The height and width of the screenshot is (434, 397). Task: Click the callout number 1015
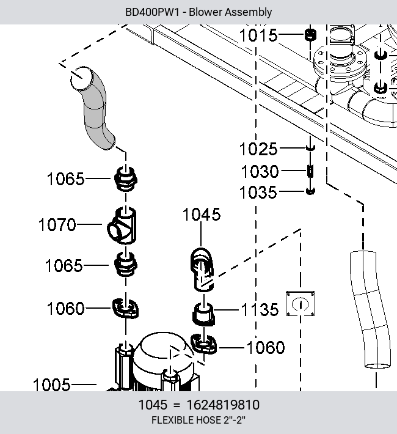pos(258,35)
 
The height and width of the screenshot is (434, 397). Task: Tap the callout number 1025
pos(258,149)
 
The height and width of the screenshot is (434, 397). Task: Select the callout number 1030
pos(260,171)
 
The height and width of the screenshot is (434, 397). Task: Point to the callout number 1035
pos(258,193)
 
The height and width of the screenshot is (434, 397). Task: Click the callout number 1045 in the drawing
pos(202,214)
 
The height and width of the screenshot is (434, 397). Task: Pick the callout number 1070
pos(57,224)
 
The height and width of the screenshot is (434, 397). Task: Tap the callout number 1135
pos(260,309)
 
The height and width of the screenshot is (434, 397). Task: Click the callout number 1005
pos(51,385)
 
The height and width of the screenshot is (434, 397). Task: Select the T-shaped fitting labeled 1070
pos(122,226)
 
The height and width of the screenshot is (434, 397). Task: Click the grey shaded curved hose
pos(95,108)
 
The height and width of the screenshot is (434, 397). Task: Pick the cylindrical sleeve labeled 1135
pos(203,314)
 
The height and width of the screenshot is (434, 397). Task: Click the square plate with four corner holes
pos(300,303)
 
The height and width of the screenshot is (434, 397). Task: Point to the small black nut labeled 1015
pos(310,35)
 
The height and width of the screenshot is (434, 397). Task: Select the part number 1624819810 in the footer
pos(223,405)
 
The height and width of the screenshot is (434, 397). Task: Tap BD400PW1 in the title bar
pos(153,12)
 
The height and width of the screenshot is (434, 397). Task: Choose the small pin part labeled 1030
pos(310,171)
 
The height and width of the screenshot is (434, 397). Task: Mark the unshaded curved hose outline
pos(370,309)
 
